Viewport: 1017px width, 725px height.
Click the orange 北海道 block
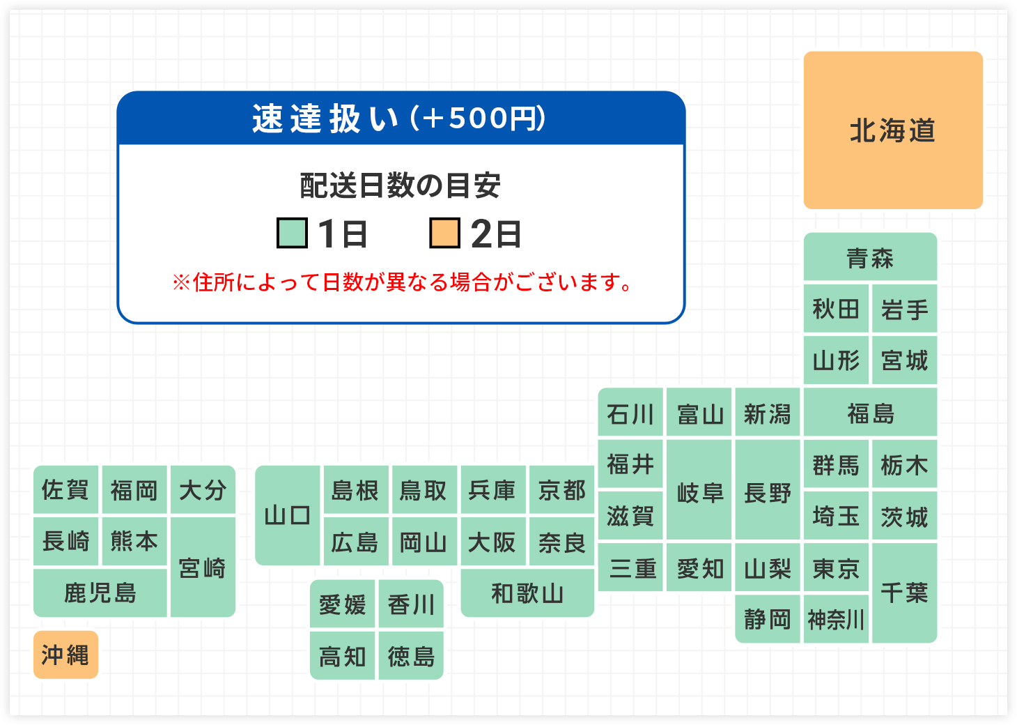coord(892,130)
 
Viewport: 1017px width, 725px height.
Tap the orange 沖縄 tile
coord(66,655)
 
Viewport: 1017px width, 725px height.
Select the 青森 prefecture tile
coord(870,257)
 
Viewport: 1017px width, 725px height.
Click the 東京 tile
coord(836,567)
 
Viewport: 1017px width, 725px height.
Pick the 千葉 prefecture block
coord(904,593)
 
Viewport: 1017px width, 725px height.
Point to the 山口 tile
coord(288,515)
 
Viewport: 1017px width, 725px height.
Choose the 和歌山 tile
coord(527,593)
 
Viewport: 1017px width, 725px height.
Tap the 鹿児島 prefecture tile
coord(100,593)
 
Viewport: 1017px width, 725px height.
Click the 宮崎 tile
coord(203,567)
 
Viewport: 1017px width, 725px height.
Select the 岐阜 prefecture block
coord(699,489)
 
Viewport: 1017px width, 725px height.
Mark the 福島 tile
coord(870,412)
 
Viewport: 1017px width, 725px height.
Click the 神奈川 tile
coord(836,619)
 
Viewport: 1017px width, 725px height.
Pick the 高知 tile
coord(342,655)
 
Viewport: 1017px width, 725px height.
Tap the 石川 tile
coord(630,412)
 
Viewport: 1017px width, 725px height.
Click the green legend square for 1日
coord(292,233)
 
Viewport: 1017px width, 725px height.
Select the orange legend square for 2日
coord(445,233)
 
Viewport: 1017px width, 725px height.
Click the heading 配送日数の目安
coord(400,185)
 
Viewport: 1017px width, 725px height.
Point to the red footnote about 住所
coord(401,282)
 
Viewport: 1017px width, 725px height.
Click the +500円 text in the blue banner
coord(478,118)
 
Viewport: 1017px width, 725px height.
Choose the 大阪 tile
coord(493,541)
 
